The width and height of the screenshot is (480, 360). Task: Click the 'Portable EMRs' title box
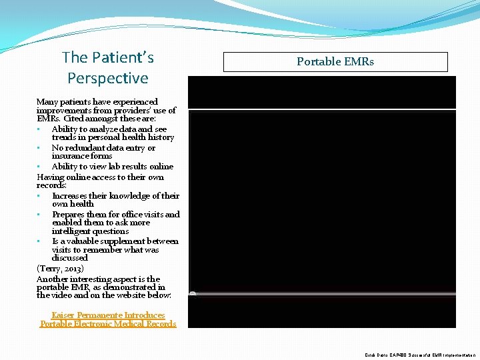tap(335, 62)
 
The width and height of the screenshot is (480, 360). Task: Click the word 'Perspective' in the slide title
tap(107, 78)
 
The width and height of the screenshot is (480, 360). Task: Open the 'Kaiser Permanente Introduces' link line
tap(108, 315)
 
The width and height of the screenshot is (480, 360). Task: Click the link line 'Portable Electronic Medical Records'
tap(108, 324)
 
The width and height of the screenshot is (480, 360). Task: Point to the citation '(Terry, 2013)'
tap(60, 268)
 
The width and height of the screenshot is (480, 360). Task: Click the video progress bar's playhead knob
tap(193, 293)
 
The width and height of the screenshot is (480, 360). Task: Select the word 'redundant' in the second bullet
tap(87, 148)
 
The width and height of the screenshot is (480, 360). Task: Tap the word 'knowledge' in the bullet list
tap(128, 196)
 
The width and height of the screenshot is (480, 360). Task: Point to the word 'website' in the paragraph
tap(138, 295)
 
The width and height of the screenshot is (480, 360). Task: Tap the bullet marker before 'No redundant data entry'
tap(41, 148)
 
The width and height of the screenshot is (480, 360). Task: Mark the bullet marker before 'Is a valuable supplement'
tap(41, 241)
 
